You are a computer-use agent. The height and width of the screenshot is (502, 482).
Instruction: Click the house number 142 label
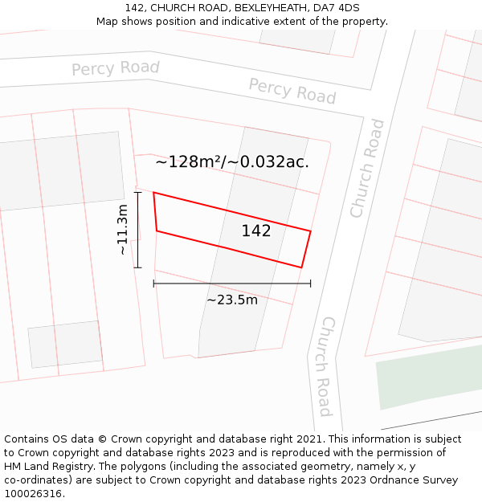click(x=256, y=231)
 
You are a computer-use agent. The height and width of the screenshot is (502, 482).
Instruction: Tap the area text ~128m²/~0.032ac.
click(x=232, y=162)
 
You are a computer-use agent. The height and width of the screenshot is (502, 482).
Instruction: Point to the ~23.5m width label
click(x=232, y=300)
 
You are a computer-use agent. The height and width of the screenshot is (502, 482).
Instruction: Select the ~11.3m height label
click(x=122, y=230)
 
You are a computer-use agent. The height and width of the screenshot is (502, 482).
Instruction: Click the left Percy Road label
click(x=116, y=68)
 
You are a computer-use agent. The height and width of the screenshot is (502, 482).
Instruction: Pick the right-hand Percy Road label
click(x=292, y=91)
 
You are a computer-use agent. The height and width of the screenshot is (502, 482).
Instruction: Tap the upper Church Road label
click(x=367, y=169)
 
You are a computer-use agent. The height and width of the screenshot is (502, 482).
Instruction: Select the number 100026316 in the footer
click(x=35, y=493)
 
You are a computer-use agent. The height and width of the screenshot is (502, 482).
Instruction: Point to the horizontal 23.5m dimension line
click(x=232, y=284)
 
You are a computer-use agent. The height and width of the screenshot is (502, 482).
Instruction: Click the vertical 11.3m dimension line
click(x=138, y=230)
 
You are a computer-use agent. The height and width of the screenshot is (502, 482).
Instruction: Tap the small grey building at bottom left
click(x=63, y=344)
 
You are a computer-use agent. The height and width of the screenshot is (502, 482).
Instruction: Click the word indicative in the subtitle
click(x=261, y=22)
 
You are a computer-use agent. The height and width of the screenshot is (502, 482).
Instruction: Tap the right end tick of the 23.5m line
click(x=310, y=284)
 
